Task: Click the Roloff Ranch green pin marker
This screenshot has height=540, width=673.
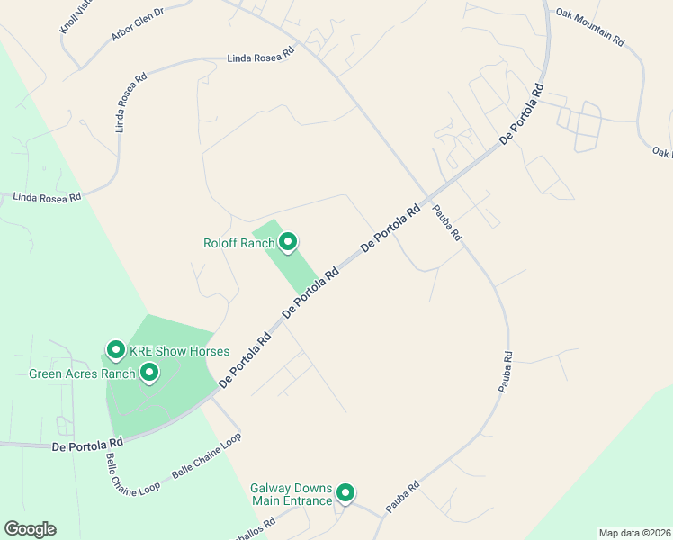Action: coord(288,242)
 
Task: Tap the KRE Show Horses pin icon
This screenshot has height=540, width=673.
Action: coord(115,350)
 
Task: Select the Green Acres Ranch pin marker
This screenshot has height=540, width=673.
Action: coord(149,372)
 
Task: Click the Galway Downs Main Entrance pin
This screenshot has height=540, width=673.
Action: coord(345,493)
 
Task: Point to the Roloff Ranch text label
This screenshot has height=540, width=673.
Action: coord(239,243)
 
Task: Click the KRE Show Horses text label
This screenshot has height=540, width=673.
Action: coord(180,351)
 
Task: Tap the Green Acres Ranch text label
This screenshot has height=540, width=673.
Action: coord(82,373)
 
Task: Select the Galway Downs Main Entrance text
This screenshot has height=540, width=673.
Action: coord(291,494)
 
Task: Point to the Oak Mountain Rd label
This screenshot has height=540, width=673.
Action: coord(590,27)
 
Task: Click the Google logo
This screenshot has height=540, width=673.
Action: coord(30,529)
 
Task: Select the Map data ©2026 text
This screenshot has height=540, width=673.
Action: coord(634,533)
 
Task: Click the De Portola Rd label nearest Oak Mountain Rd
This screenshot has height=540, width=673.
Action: coord(522,116)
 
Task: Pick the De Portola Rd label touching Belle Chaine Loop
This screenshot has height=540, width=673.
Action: coord(87,445)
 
